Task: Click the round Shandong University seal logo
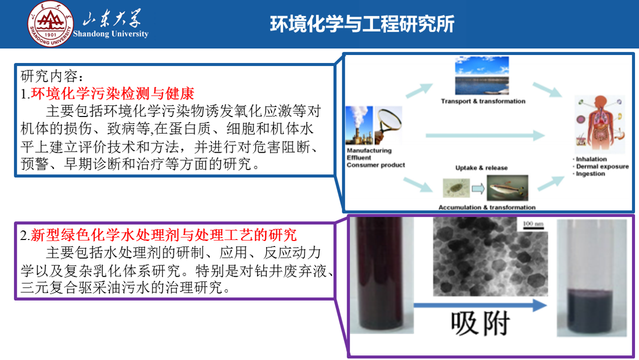(50, 24)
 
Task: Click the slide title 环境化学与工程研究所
(362, 24)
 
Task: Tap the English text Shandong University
(111, 34)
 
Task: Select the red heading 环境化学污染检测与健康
(112, 93)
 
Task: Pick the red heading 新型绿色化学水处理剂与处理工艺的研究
(164, 235)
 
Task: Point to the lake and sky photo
(482, 76)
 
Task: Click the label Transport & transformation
(483, 101)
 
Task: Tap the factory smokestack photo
(359, 126)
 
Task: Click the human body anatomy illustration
(600, 123)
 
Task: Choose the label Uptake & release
(482, 168)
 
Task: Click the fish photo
(507, 188)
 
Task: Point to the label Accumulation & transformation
(487, 208)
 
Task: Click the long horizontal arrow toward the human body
(485, 135)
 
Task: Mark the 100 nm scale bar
(533, 228)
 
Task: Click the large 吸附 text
(480, 324)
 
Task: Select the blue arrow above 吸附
(480, 306)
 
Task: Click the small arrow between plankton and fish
(478, 189)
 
